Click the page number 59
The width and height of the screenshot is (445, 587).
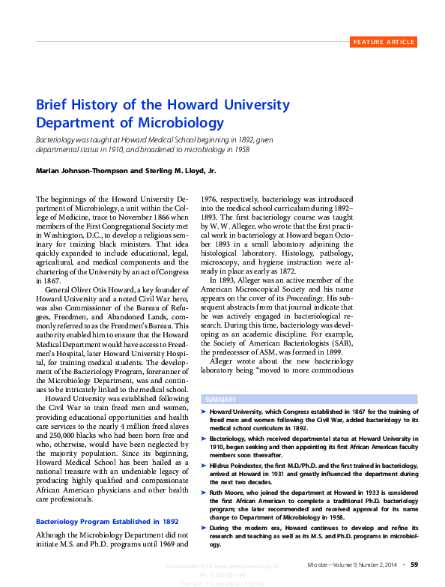414,563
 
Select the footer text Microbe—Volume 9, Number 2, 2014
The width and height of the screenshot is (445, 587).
350,563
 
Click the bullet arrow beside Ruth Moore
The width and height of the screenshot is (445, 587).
205,492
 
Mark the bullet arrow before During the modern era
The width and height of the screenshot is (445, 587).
205,529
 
